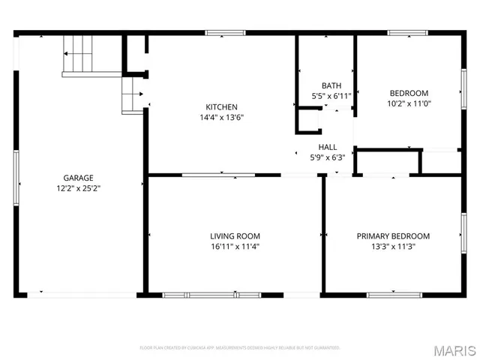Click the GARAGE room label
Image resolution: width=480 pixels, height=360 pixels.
[78, 178]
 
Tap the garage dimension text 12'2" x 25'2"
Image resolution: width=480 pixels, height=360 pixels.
[78, 189]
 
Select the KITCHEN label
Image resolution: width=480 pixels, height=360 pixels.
[222, 106]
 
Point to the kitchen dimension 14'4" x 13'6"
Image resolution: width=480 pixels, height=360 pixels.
[222, 117]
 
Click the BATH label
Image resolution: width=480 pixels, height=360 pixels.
[331, 85]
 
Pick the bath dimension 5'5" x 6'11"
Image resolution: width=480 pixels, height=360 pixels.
[331, 96]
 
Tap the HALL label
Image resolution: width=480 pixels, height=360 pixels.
[328, 147]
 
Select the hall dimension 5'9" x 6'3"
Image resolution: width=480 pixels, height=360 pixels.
[328, 157]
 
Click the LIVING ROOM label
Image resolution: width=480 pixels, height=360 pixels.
[235, 235]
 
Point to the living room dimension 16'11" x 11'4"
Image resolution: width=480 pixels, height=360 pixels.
[235, 246]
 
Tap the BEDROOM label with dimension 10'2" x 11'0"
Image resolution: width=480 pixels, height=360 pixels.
[409, 92]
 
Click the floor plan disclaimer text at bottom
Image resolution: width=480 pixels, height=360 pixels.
[240, 347]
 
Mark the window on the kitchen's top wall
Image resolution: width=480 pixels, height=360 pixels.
[225, 33]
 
